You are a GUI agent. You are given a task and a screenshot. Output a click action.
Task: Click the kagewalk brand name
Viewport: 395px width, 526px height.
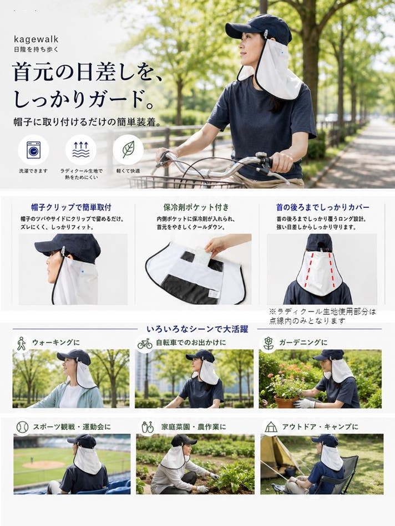[36, 39]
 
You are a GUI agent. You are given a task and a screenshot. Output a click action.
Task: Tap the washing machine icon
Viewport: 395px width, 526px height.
[33, 150]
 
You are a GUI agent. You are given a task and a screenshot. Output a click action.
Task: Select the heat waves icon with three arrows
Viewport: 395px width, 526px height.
[81, 150]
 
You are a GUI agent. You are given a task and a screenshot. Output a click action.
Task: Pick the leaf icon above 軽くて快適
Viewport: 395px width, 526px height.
[128, 149]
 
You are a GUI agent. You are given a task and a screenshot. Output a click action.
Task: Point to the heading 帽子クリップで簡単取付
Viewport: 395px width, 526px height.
[71, 207]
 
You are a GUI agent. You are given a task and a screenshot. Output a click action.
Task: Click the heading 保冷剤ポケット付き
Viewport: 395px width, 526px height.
[196, 207]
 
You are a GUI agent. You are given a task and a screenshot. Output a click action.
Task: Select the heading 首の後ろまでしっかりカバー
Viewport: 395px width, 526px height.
[322, 207]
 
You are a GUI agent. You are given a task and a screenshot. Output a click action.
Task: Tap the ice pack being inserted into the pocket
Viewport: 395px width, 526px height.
[202, 256]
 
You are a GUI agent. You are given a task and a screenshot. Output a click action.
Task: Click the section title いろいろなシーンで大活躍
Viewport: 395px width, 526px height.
[197, 329]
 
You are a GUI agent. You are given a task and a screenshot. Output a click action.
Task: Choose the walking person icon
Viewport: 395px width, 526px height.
[22, 344]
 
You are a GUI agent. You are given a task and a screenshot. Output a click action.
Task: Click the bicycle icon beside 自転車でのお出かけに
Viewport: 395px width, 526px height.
[145, 344]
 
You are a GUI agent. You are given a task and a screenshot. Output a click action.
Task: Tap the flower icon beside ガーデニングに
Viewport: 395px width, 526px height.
[269, 344]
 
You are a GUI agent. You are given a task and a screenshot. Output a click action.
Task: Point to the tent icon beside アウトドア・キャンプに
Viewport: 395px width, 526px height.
[271, 427]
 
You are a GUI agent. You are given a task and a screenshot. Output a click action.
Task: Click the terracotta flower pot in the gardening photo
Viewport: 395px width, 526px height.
[286, 401]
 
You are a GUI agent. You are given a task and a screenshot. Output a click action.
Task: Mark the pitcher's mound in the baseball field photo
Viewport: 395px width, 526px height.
[43, 464]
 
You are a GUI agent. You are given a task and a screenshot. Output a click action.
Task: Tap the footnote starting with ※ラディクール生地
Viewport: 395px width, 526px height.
[322, 316]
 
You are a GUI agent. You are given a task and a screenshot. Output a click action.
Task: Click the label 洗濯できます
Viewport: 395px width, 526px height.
[33, 171]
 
